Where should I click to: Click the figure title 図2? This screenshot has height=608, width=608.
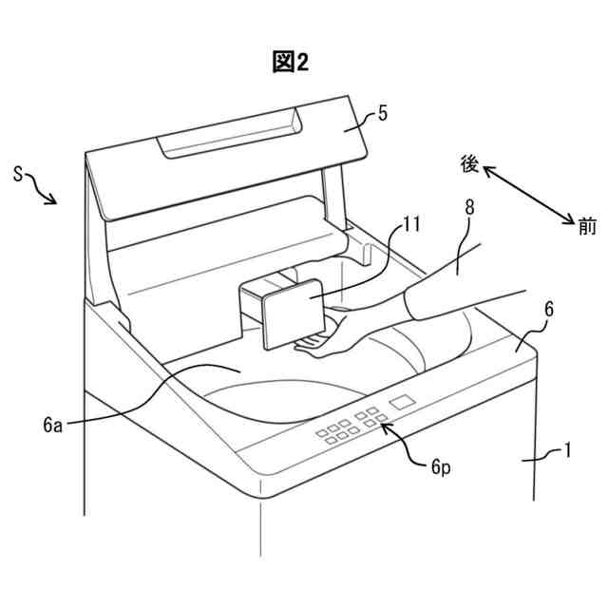pyautogui.click(x=290, y=62)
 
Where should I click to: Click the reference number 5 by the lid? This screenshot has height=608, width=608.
pyautogui.click(x=382, y=114)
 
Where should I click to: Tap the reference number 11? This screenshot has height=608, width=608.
pyautogui.click(x=410, y=225)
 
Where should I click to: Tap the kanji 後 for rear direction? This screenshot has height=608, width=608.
pyautogui.click(x=469, y=163)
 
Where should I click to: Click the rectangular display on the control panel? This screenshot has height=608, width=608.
pyautogui.click(x=404, y=401)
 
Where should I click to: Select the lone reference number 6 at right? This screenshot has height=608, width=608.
pyautogui.click(x=549, y=311)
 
